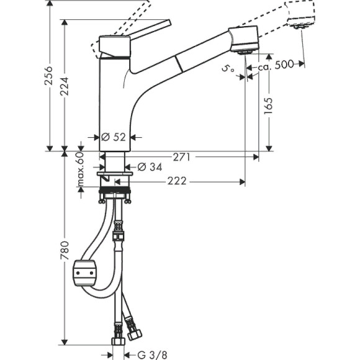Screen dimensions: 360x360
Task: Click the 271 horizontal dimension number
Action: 181,158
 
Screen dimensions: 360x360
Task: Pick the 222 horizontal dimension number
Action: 178,182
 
